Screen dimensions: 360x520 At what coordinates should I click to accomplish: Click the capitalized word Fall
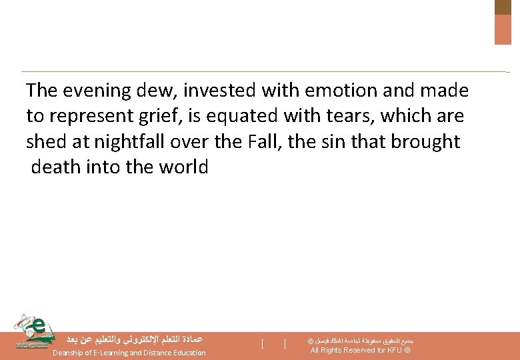coord(271,142)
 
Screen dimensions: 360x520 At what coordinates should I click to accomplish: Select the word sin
coord(339,142)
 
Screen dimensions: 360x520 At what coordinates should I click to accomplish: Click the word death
coord(56,167)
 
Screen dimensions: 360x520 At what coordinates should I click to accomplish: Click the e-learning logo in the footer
coord(30,331)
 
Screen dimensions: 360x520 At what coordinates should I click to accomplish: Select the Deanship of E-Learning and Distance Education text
coord(129,353)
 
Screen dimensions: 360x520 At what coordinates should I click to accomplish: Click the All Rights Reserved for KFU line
coord(360,351)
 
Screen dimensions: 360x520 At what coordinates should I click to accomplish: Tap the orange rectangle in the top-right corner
coord(503,29)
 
